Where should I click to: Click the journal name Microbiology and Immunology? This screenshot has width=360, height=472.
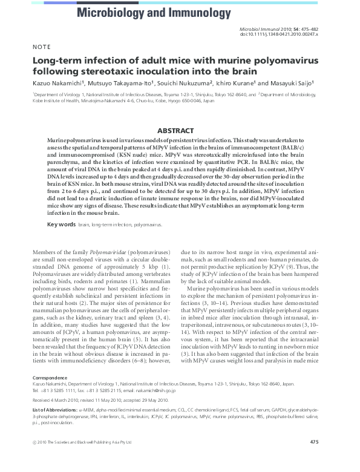pyautogui.click(x=149, y=12)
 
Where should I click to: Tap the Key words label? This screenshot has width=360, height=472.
pyautogui.click(x=61, y=224)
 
